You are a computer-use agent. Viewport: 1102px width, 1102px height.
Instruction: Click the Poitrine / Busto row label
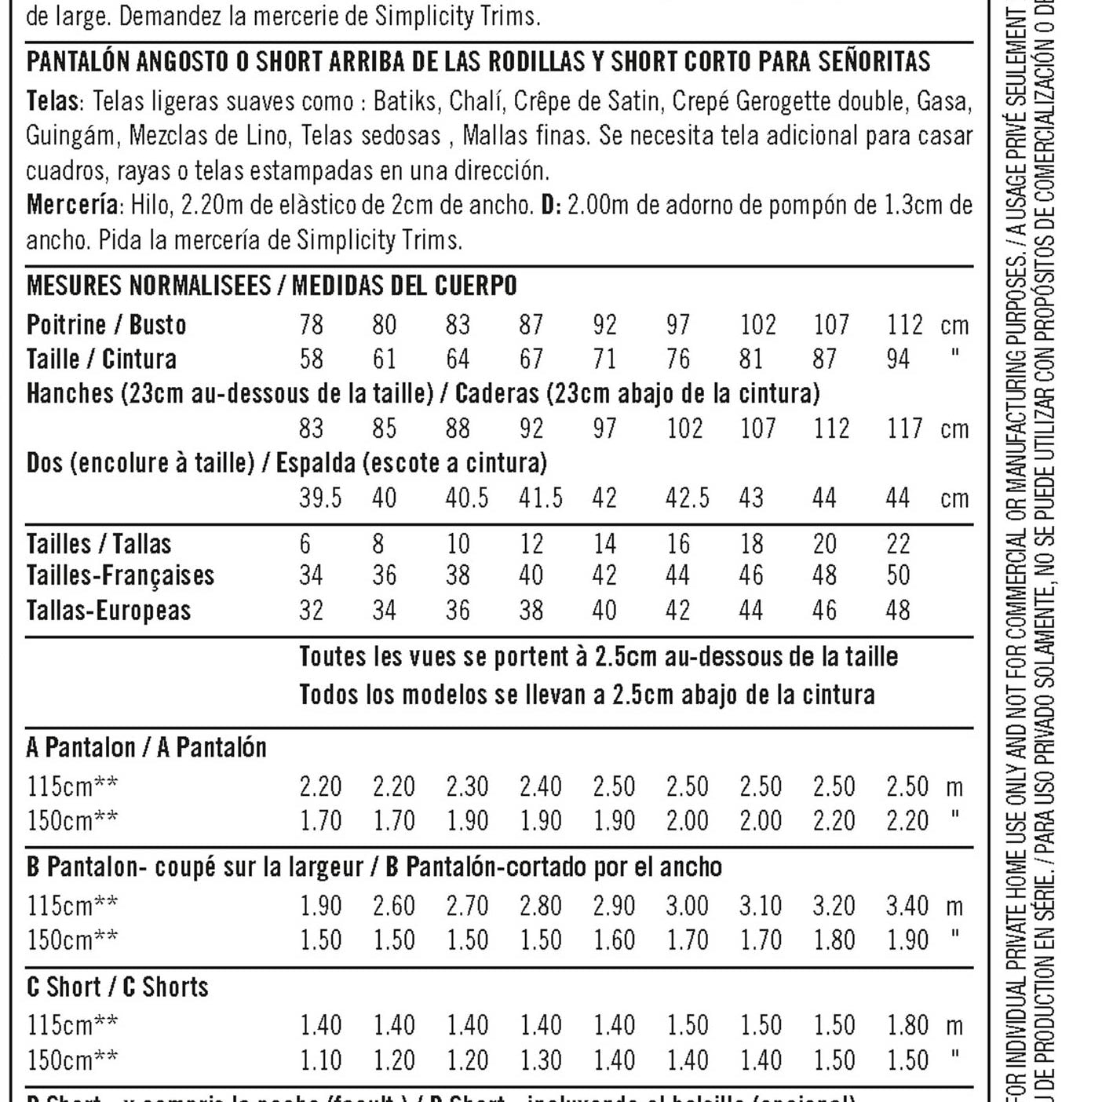click(x=106, y=325)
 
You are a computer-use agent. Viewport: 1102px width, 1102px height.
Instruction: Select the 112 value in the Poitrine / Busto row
click(x=905, y=325)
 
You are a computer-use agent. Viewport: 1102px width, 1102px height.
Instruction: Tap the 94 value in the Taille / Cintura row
click(x=898, y=359)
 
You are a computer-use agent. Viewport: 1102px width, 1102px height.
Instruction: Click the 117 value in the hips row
click(x=905, y=429)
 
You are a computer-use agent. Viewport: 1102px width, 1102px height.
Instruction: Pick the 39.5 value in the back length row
click(x=320, y=498)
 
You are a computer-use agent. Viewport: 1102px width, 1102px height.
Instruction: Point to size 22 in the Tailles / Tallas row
click(x=898, y=544)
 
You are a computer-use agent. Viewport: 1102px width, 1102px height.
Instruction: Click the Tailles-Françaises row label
click(x=120, y=575)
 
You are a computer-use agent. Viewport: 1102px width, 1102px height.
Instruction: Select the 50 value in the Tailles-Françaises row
click(x=898, y=575)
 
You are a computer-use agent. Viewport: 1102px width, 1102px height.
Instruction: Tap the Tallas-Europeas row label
click(x=108, y=611)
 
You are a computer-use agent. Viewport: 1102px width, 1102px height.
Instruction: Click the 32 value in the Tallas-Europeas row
click(x=311, y=611)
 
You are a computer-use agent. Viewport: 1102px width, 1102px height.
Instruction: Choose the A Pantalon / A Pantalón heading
click(x=146, y=747)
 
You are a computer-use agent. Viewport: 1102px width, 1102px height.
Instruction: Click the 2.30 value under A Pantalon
click(x=467, y=786)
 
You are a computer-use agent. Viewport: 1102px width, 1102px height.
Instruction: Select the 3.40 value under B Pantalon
click(x=907, y=906)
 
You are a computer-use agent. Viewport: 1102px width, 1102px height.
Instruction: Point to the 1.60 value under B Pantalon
click(x=614, y=940)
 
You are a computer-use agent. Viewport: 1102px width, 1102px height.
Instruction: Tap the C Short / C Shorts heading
click(x=118, y=987)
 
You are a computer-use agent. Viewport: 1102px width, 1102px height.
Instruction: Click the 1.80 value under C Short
click(x=907, y=1025)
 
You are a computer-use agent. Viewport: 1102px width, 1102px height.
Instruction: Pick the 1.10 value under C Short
click(x=320, y=1060)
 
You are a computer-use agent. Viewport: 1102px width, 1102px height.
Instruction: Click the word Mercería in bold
click(x=72, y=206)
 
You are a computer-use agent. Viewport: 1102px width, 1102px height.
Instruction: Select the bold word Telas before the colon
click(x=52, y=102)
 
